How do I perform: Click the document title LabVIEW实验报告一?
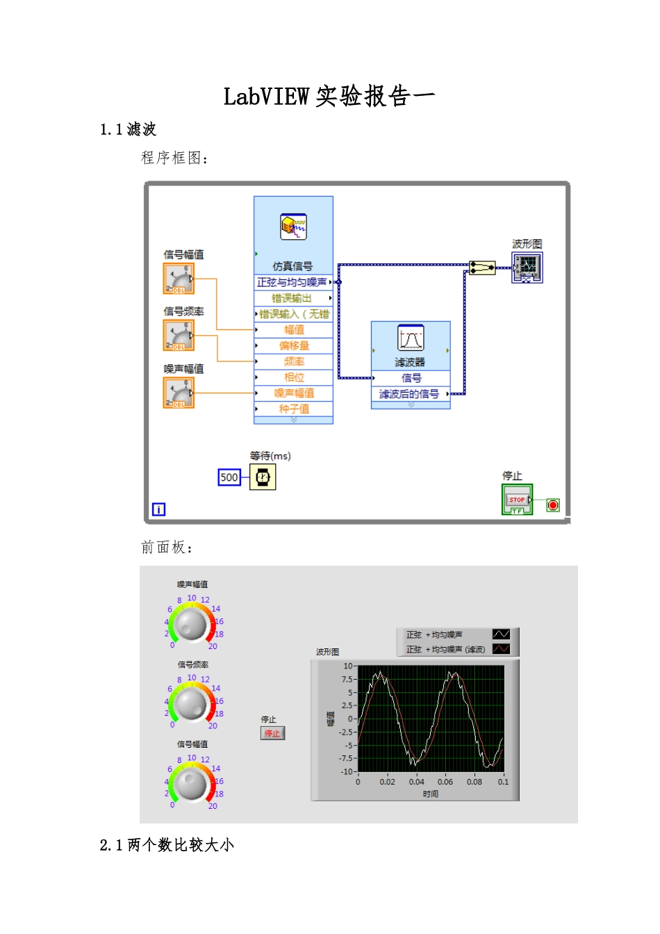click(x=329, y=96)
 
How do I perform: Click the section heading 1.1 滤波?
click(x=129, y=129)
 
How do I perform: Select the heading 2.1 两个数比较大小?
click(x=167, y=845)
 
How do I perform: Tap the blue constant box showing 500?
click(x=229, y=477)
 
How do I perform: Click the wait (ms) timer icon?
click(x=263, y=477)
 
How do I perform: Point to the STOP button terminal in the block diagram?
click(x=517, y=500)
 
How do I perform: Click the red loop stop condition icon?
click(x=553, y=505)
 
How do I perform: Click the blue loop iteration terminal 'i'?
click(x=158, y=509)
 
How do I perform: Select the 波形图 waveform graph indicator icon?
click(x=527, y=267)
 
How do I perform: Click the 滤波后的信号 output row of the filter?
click(x=410, y=394)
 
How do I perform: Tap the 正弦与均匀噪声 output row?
click(x=292, y=282)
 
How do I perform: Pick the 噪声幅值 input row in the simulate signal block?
click(x=293, y=393)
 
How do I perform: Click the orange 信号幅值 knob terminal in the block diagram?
click(x=179, y=279)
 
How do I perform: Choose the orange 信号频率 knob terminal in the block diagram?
click(x=179, y=335)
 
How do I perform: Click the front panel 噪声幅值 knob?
click(x=190, y=623)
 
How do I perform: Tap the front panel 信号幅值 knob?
click(x=190, y=783)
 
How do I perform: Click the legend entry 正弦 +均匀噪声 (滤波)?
click(x=446, y=649)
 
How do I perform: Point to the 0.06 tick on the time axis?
click(x=445, y=782)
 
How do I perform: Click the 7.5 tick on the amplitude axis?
click(x=347, y=679)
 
